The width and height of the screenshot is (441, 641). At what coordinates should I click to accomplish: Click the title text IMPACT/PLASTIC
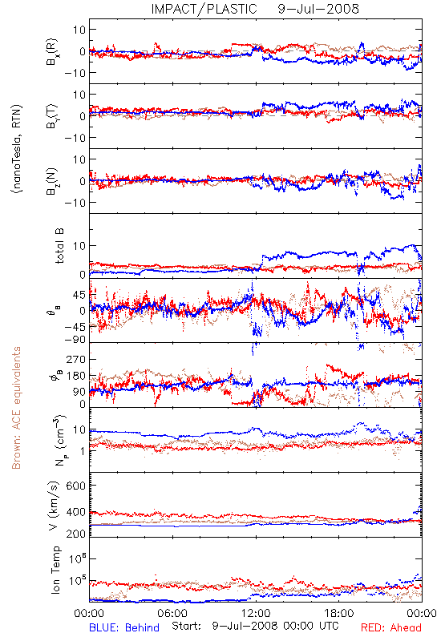pyautogui.click(x=204, y=9)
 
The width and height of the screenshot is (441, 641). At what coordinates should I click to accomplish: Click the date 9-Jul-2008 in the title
pyautogui.click(x=318, y=9)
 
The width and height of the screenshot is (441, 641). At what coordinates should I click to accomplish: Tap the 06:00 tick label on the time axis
pyautogui.click(x=172, y=613)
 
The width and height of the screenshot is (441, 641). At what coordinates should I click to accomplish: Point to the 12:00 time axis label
pyautogui.click(x=256, y=613)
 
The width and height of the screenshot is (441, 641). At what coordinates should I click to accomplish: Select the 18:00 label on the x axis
pyautogui.click(x=339, y=613)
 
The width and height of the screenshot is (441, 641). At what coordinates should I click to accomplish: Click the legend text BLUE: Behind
pyautogui.click(x=124, y=627)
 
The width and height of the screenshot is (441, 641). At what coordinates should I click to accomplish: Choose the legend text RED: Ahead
pyautogui.click(x=390, y=627)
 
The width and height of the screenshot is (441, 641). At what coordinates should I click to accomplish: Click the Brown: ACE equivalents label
pyautogui.click(x=16, y=408)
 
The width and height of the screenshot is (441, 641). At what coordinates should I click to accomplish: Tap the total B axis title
pyautogui.click(x=59, y=246)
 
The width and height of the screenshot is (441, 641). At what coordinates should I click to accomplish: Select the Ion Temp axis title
pyautogui.click(x=55, y=570)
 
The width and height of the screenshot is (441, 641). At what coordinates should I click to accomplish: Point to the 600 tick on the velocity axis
pyautogui.click(x=76, y=486)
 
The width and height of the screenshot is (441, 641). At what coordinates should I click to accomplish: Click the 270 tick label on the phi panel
pyautogui.click(x=76, y=359)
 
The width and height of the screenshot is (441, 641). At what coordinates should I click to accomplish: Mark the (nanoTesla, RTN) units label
pyautogui.click(x=17, y=149)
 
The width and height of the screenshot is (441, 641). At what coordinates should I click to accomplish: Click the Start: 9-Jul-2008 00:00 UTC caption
pyautogui.click(x=255, y=626)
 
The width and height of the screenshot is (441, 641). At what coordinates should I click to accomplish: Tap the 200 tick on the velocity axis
pyautogui.click(x=76, y=534)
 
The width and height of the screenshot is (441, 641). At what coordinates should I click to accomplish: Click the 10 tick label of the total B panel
pyautogui.click(x=79, y=246)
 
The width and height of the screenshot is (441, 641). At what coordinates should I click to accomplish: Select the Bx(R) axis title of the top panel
pyautogui.click(x=52, y=51)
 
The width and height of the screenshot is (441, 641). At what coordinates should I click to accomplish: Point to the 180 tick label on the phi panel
pyautogui.click(x=76, y=376)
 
